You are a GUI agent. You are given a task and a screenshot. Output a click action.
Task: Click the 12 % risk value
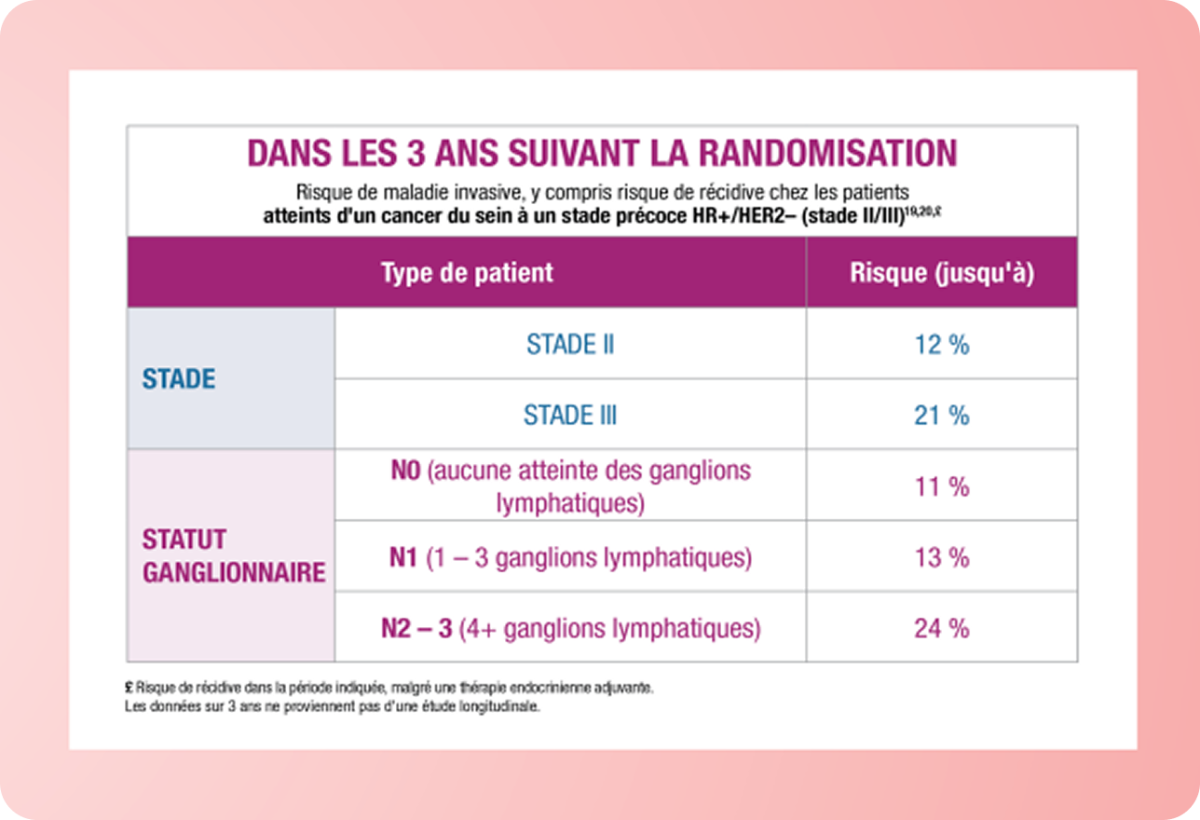click(x=941, y=345)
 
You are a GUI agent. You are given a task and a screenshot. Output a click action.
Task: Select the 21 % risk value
click(x=941, y=415)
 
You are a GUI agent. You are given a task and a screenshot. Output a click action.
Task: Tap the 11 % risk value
click(x=941, y=486)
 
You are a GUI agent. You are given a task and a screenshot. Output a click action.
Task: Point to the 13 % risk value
click(x=941, y=557)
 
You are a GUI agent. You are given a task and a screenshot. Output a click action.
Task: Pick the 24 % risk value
click(x=941, y=628)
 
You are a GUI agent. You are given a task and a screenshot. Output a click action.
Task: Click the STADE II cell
click(x=570, y=345)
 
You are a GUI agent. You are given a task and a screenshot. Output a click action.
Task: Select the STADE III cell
click(x=570, y=415)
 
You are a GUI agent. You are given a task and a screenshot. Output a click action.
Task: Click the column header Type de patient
click(x=467, y=273)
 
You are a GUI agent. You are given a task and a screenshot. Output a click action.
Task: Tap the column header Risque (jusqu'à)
click(x=942, y=273)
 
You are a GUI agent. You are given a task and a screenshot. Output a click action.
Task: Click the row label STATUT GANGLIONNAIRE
click(x=233, y=556)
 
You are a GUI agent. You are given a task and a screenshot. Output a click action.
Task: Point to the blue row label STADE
click(x=179, y=379)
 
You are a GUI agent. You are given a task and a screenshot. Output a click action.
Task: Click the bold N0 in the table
click(x=406, y=470)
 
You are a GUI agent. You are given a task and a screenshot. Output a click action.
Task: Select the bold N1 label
click(x=402, y=558)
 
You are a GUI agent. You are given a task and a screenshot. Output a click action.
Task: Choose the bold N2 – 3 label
click(x=416, y=629)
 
